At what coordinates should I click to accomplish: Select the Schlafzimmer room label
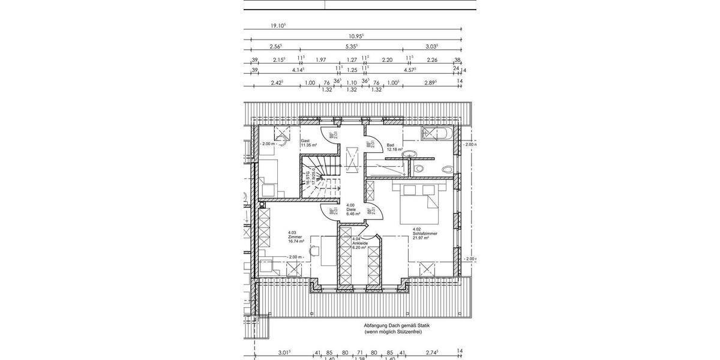(x=424, y=233)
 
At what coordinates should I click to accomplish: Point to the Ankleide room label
(x=359, y=243)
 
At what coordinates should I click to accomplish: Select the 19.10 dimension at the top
(x=277, y=26)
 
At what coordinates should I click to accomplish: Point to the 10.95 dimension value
(x=356, y=36)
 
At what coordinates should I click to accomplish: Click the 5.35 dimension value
(x=352, y=46)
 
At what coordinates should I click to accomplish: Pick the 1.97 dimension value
(x=320, y=59)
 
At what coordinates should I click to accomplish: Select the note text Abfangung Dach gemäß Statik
(x=397, y=325)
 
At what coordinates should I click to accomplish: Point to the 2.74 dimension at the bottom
(x=431, y=353)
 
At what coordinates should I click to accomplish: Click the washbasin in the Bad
(x=410, y=154)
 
